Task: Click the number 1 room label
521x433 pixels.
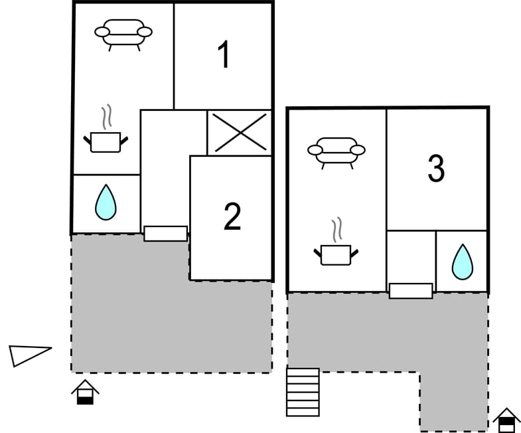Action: pyautogui.click(x=224, y=55)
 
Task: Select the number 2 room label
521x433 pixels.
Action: pyautogui.click(x=232, y=217)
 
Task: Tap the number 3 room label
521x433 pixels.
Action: pyautogui.click(x=436, y=169)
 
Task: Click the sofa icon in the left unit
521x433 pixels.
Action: pyautogui.click(x=123, y=33)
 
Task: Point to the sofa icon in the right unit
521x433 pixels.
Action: pyautogui.click(x=336, y=151)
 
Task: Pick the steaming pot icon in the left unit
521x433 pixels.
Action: pyautogui.click(x=106, y=140)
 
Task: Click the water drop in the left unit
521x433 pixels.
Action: pyautogui.click(x=106, y=203)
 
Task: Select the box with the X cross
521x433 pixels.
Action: pyautogui.click(x=240, y=132)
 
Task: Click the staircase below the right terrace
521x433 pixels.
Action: pyautogui.click(x=303, y=392)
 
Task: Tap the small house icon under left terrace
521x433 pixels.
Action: pyautogui.click(x=85, y=392)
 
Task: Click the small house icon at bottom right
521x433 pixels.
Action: pyautogui.click(x=506, y=420)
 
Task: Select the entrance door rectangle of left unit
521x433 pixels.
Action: pyautogui.click(x=166, y=233)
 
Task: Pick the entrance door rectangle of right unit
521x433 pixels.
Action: pyautogui.click(x=411, y=290)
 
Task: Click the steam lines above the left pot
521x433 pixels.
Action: pyautogui.click(x=106, y=118)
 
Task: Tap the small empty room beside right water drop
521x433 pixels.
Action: pyautogui.click(x=411, y=256)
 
